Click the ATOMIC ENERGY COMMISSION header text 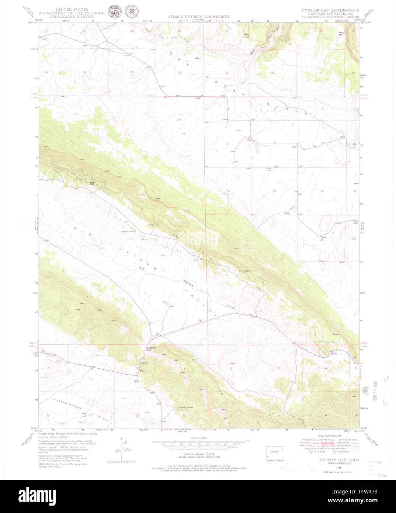point(198,17)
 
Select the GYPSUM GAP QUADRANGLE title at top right point(330,10)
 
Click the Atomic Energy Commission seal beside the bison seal point(129,11)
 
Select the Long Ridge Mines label point(127,232)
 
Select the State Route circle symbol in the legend point(335,451)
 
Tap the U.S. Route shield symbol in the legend point(310,451)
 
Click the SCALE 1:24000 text point(199,438)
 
